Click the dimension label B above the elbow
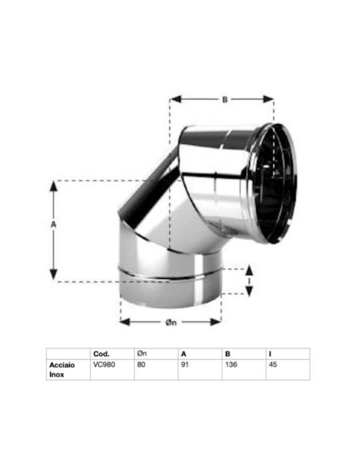[x=225, y=100]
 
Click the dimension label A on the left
[x=53, y=225]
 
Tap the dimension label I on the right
[x=249, y=282]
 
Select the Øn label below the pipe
[x=171, y=323]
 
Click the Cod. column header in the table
[x=101, y=354]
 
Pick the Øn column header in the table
[x=142, y=354]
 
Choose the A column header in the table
[x=183, y=354]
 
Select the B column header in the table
[x=227, y=354]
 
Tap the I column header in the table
[x=270, y=354]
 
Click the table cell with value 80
[x=141, y=365]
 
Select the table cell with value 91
[x=185, y=365]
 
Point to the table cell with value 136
[x=230, y=365]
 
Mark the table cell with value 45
[x=273, y=365]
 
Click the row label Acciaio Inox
[x=62, y=370]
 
